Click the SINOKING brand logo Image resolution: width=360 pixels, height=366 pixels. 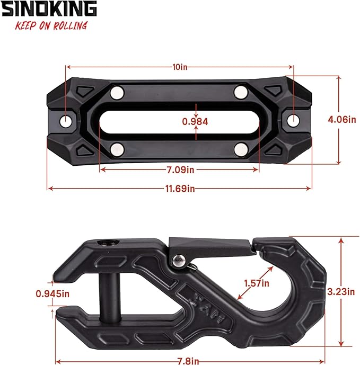pyautogui.click(x=49, y=9)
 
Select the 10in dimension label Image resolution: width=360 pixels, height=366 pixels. pyautogui.click(x=180, y=67)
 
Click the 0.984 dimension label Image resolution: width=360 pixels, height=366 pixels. pyautogui.click(x=195, y=121)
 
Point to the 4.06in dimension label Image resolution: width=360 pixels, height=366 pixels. pyautogui.click(x=341, y=120)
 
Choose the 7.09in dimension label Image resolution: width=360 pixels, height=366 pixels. pyautogui.click(x=180, y=170)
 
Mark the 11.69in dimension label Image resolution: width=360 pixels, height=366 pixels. pyautogui.click(x=180, y=189)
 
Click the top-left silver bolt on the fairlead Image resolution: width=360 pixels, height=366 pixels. pyautogui.click(x=116, y=94)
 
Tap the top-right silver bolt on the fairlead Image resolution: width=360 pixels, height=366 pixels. pyautogui.click(x=241, y=91)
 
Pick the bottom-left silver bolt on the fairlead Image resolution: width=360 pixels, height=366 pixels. pyautogui.click(x=117, y=148)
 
